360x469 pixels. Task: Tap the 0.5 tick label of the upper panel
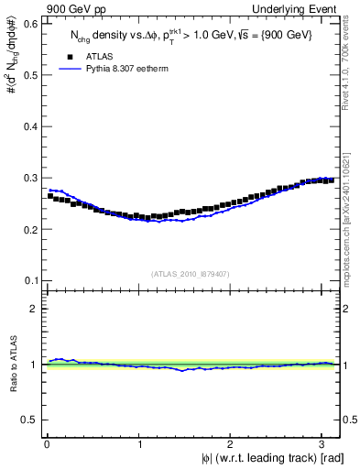(x=30, y=75)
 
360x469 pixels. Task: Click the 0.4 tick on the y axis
(x=30, y=126)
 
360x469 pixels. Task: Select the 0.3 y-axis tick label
(x=30, y=178)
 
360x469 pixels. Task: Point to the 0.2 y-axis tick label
(x=30, y=229)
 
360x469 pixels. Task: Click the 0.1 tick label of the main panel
(x=30, y=280)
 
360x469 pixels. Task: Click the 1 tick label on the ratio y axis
(x=35, y=365)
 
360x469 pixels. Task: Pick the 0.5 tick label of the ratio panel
(x=30, y=420)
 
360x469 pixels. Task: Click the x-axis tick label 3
(x=325, y=443)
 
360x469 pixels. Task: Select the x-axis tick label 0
(x=47, y=443)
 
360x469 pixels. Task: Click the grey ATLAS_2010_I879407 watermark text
(x=191, y=274)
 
